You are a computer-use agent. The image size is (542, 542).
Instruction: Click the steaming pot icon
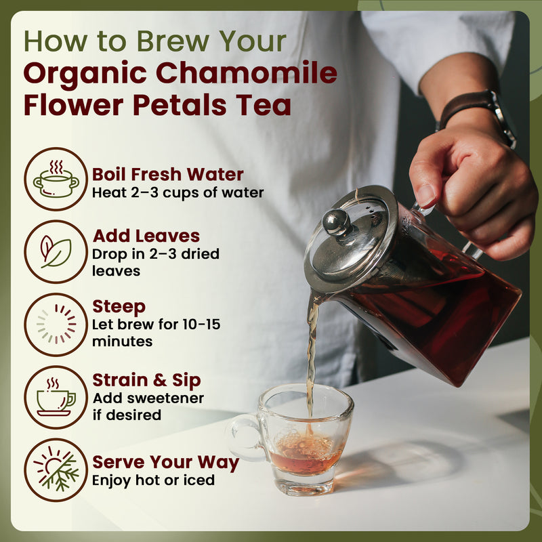56,180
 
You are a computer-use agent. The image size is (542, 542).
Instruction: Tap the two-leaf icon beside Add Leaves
56,252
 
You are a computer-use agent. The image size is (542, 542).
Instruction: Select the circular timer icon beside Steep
56,325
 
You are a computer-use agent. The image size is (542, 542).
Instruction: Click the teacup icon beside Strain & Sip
56,397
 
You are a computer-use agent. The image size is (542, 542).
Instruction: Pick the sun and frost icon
56,470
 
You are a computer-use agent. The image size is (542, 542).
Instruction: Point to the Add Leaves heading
146,236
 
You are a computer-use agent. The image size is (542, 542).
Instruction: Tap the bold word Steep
119,308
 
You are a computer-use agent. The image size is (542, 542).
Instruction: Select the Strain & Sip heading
146,380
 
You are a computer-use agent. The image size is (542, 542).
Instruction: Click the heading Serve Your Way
165,463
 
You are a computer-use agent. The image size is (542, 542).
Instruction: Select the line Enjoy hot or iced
153,480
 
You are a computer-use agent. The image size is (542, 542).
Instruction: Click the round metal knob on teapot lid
336,222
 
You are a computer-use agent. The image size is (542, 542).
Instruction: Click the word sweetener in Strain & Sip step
170,398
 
